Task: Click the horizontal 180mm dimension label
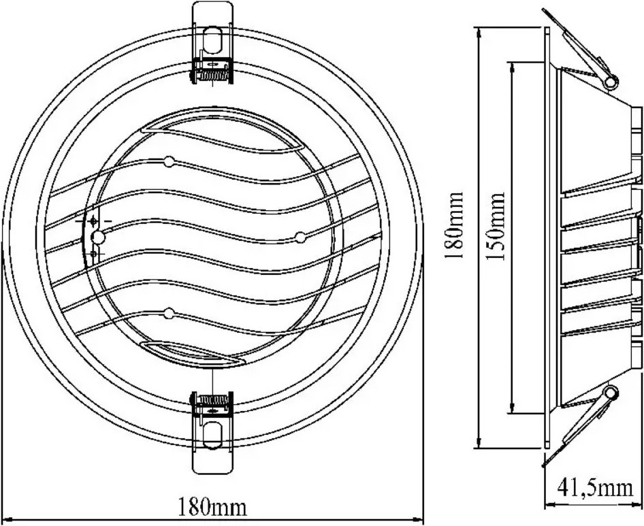[212, 507]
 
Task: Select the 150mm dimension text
[495, 226]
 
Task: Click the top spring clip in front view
[212, 43]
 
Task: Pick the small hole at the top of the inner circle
[169, 162]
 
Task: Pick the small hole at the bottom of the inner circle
[169, 314]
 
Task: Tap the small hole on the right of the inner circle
[301, 237]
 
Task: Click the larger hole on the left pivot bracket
[99, 237]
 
